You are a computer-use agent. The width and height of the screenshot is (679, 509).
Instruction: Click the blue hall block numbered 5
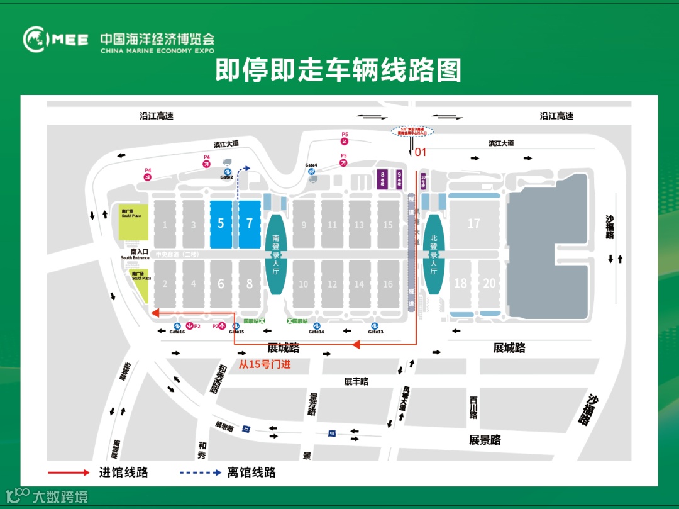click(x=221, y=224)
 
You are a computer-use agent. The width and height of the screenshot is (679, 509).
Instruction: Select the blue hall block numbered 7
click(x=250, y=224)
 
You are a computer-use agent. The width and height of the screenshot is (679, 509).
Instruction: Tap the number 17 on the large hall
click(x=473, y=224)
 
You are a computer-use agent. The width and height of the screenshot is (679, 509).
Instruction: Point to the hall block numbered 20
click(x=489, y=283)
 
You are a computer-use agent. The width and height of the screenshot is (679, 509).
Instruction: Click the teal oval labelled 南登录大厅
click(x=276, y=254)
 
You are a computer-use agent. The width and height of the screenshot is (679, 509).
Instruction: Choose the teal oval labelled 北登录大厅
click(x=433, y=254)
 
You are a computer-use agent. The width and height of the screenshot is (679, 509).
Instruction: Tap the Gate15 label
click(x=236, y=332)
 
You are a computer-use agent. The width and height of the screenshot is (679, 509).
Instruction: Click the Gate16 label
click(x=177, y=332)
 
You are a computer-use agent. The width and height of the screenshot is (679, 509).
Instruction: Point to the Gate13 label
click(x=375, y=332)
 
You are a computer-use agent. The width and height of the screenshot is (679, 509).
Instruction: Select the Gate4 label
click(x=311, y=165)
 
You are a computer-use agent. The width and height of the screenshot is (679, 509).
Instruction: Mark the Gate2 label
click(x=227, y=177)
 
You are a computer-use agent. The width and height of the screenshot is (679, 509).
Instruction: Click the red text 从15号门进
click(x=265, y=364)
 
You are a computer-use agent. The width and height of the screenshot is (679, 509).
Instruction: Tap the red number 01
click(x=420, y=152)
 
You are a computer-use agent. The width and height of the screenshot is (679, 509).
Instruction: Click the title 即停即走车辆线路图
click(x=338, y=70)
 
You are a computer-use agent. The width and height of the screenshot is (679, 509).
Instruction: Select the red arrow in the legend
click(x=69, y=472)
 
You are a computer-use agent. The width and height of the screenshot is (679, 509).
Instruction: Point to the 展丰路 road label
click(x=356, y=381)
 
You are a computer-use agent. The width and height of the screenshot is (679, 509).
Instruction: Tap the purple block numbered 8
click(x=382, y=179)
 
